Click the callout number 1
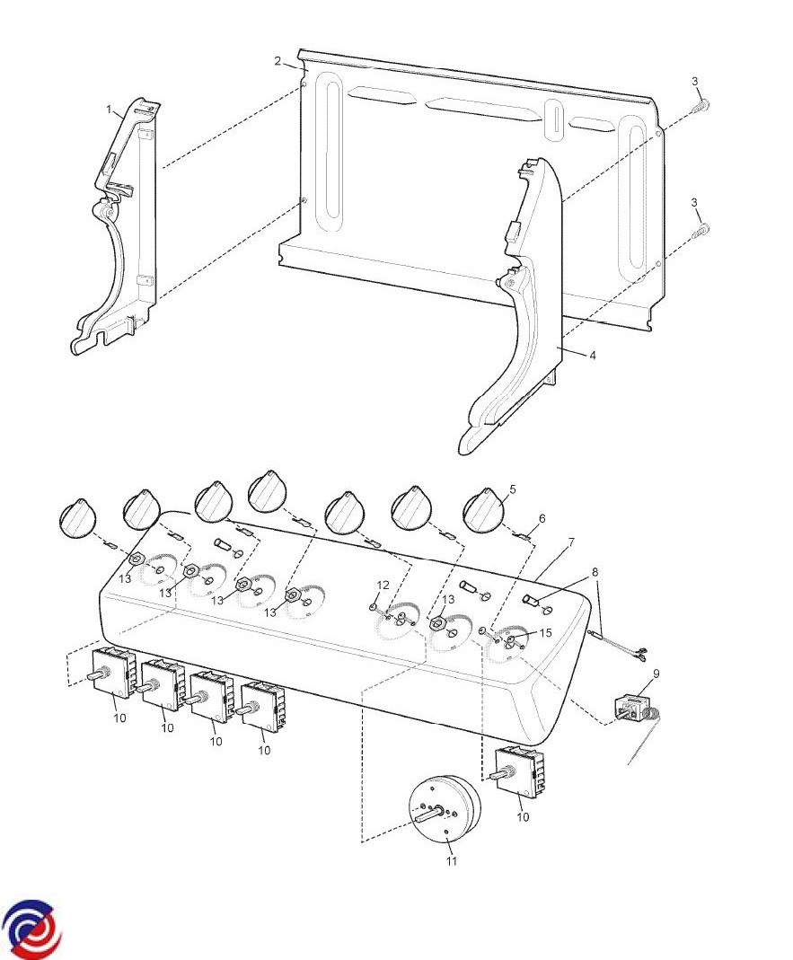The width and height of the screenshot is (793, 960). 110,110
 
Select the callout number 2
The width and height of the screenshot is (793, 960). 278,61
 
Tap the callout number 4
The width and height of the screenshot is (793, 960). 592,356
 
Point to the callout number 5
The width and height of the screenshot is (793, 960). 512,489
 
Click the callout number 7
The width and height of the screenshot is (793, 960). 568,543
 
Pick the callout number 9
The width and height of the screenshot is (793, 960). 656,673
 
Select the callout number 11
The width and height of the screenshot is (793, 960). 451,861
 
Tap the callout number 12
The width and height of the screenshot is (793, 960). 383,586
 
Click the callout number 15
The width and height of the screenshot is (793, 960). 545,633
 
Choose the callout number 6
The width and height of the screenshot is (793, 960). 542,518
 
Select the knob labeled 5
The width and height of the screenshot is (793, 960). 484,511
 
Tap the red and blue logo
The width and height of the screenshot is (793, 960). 32,929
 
